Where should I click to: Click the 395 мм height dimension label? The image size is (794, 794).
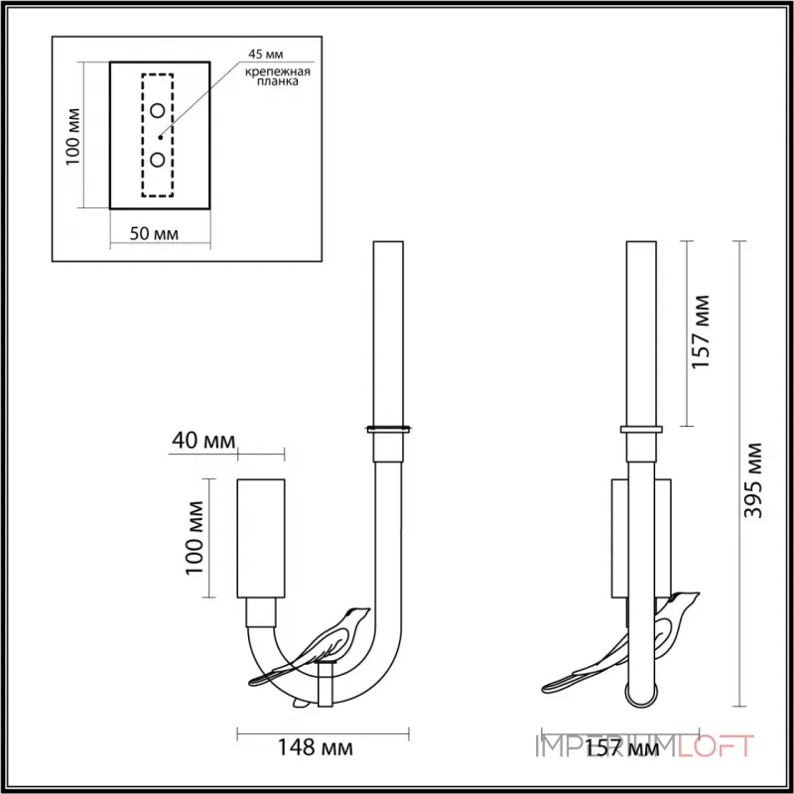[x=753, y=480]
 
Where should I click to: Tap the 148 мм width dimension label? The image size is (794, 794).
[x=315, y=747]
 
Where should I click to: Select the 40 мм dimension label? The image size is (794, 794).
[x=203, y=441]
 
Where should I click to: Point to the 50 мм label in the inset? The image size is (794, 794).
[x=154, y=233]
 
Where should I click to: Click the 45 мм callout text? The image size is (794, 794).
[x=266, y=55]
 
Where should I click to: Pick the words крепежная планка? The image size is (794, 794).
[x=278, y=76]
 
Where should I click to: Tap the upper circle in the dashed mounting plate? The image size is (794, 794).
[x=158, y=110]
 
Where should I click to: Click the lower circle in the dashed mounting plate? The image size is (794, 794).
[x=158, y=160]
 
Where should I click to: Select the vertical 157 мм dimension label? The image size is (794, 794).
[x=701, y=331]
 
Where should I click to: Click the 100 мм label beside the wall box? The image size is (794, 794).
[x=195, y=538]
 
